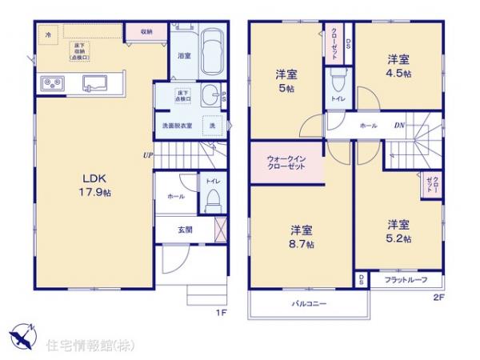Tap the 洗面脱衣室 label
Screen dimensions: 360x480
point(177,126)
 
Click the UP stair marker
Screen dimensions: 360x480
point(148,155)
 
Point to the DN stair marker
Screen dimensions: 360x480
point(398,126)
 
